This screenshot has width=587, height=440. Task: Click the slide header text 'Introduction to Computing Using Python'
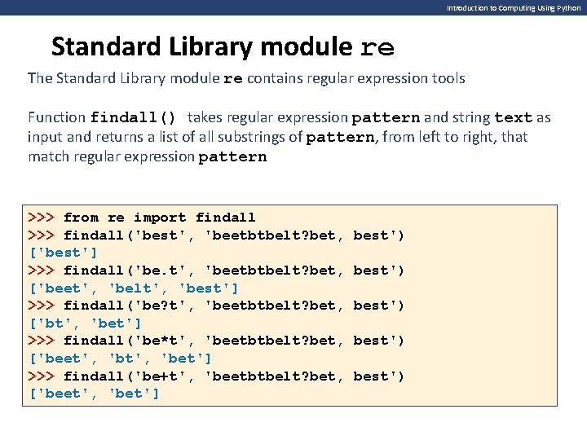pos(514,7)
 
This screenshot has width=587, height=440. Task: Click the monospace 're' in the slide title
pos(377,48)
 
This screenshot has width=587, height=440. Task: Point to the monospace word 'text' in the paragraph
pos(513,117)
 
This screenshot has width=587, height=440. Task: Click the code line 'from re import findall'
pos(159,218)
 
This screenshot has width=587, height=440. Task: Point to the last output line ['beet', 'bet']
pos(95,394)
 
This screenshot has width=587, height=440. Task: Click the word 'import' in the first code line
pos(159,218)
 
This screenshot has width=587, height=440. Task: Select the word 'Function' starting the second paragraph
pos(56,117)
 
